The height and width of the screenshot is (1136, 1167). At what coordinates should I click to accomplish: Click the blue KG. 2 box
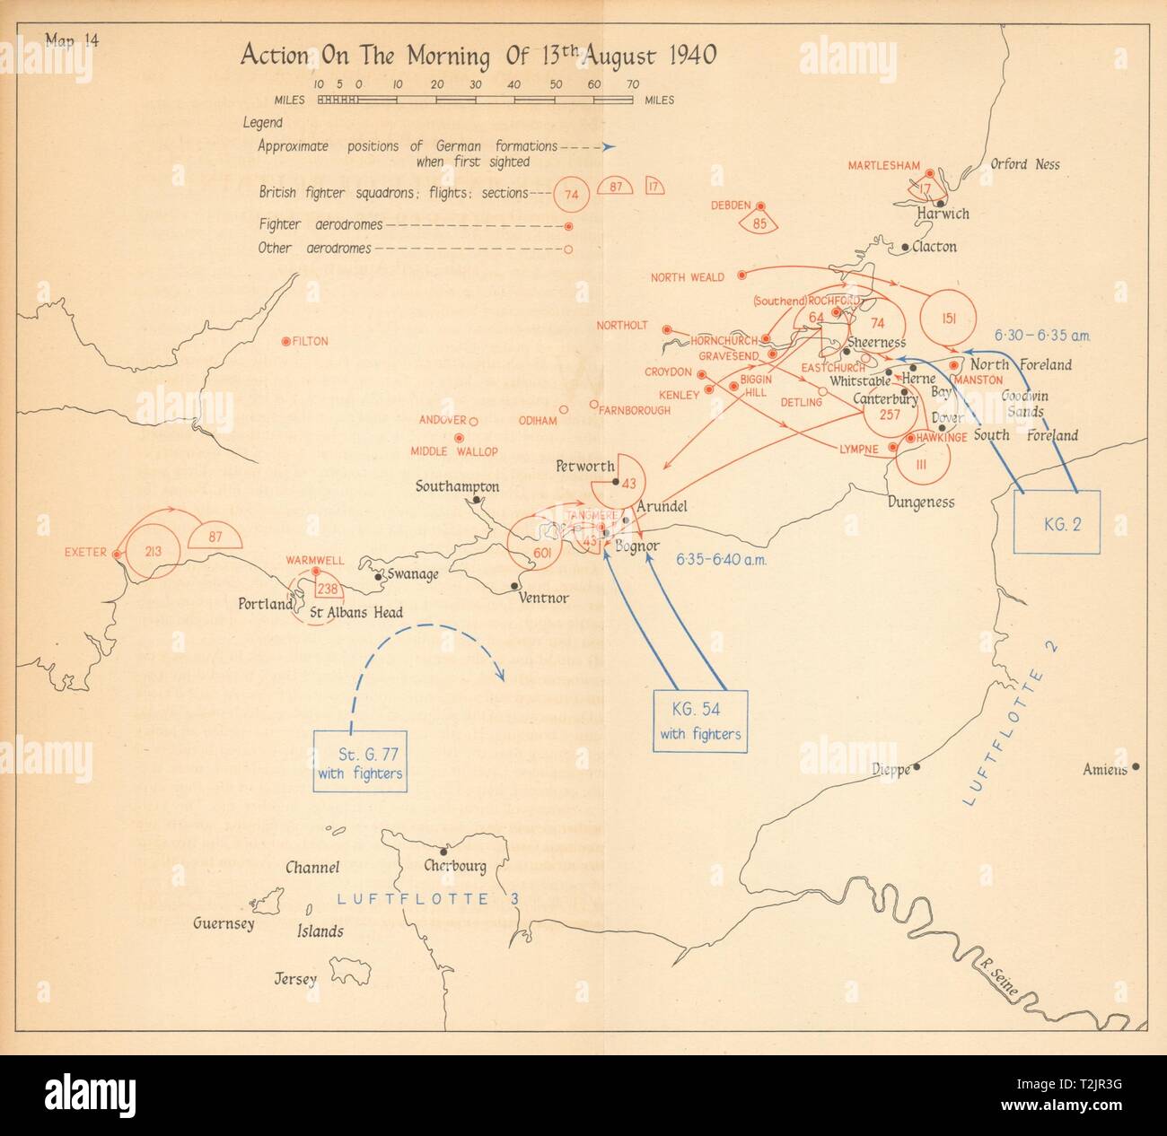1057,522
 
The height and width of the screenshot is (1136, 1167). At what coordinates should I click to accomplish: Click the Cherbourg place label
455,867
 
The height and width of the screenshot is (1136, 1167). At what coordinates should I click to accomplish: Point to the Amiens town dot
1136,766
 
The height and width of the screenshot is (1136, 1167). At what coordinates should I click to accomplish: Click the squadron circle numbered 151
948,316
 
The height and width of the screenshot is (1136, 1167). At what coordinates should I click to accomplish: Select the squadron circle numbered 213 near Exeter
152,551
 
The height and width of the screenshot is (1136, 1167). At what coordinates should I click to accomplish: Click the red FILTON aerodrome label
310,342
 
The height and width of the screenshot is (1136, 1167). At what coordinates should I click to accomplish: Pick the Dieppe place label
891,769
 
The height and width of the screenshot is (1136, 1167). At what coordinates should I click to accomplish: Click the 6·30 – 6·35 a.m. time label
1042,336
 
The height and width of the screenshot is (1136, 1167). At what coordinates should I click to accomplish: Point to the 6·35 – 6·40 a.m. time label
721,559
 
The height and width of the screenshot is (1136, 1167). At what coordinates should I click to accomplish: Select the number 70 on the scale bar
633,83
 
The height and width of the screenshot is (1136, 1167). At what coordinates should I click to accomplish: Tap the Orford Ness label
1024,164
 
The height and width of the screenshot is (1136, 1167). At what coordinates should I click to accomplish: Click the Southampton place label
457,486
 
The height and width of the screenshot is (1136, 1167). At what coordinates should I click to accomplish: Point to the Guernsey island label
224,923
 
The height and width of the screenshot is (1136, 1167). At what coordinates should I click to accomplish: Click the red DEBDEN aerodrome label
730,205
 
